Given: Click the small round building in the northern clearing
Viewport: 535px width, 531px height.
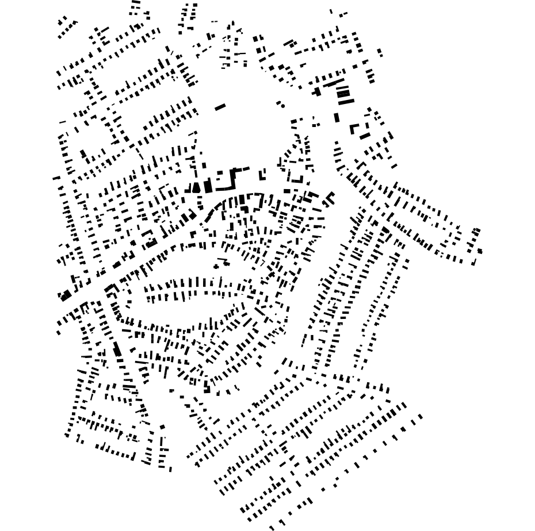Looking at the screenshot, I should point(282,106).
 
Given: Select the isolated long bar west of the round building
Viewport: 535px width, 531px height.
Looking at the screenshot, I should point(220,107).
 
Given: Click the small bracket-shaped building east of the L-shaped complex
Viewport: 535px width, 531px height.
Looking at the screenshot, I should point(263,173).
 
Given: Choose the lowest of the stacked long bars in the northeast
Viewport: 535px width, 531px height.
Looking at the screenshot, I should point(346,102).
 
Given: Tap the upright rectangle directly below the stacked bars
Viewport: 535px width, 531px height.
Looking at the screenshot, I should point(337,118).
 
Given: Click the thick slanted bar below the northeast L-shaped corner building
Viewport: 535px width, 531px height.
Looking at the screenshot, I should point(365,136).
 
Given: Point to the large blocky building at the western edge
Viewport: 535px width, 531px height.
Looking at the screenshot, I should point(66,295).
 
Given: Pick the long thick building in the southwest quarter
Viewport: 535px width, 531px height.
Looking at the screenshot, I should point(117,349).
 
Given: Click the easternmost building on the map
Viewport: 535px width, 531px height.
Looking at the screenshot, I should point(480,251).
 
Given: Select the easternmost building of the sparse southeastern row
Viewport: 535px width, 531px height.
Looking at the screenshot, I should point(420,417).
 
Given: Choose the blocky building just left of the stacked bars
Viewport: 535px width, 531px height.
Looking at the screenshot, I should point(316,91).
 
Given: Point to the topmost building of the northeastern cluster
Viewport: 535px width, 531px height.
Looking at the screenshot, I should point(331,11).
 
